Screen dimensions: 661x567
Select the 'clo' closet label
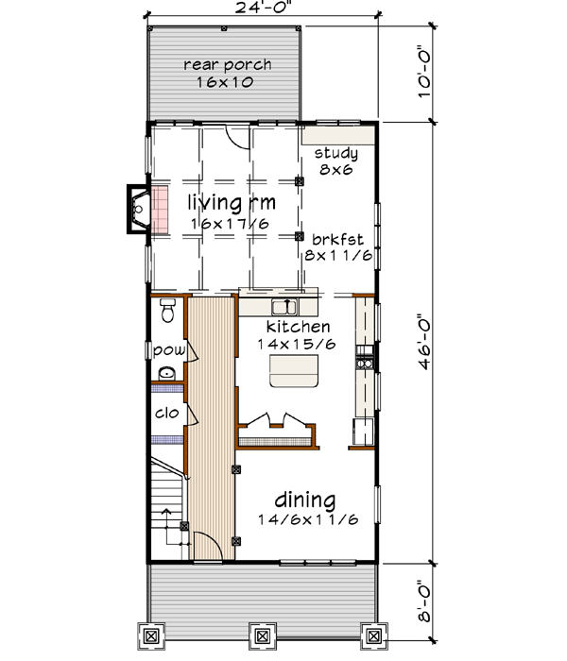(166, 413)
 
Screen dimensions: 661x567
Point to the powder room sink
(166, 375)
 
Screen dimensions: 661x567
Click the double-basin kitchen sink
(283, 306)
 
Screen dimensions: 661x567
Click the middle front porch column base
(260, 635)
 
